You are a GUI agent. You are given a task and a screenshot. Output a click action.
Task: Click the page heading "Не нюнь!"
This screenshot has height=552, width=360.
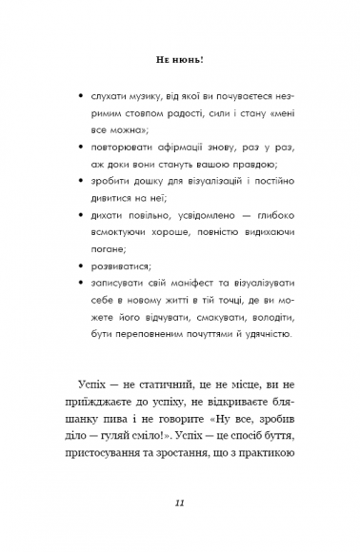(179, 59)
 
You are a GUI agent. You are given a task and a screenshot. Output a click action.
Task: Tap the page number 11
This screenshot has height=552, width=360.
(180, 503)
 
